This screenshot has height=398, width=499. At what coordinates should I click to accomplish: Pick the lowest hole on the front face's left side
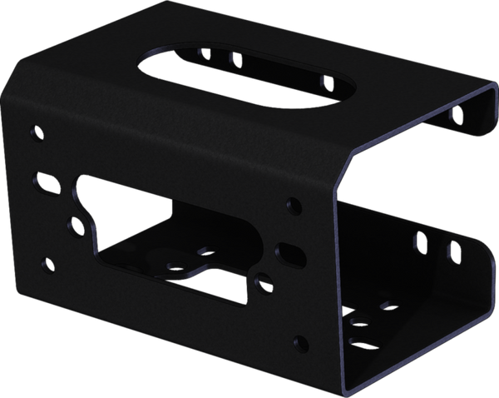[x=48, y=264]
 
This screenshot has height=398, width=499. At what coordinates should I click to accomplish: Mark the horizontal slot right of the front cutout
[x=289, y=250]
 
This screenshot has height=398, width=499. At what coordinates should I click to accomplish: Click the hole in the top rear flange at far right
[x=454, y=114]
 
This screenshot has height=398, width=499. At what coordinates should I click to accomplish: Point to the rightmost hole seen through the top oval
[x=328, y=82]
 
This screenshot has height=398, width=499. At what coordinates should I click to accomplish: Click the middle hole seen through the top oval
[x=235, y=59]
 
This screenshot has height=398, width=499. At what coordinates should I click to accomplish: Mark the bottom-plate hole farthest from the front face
[x=385, y=306]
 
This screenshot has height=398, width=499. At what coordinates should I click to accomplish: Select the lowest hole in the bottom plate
[x=359, y=340]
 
